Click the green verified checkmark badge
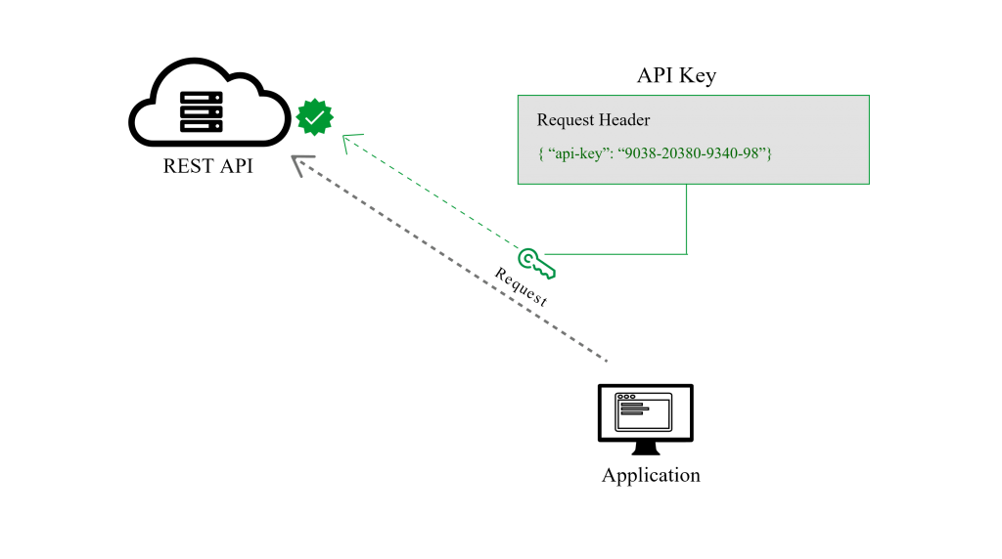pyautogui.click(x=315, y=117)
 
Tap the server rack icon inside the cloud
pyautogui.click(x=202, y=111)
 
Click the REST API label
pyautogui.click(x=208, y=166)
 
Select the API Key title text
pyautogui.click(x=677, y=75)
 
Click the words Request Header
pyautogui.click(x=593, y=120)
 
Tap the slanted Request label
pyautogui.click(x=521, y=287)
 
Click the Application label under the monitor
pyautogui.click(x=651, y=475)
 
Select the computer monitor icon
pyautogui.click(x=646, y=419)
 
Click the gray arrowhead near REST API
pyautogui.click(x=301, y=164)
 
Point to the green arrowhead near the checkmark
pyautogui.click(x=351, y=143)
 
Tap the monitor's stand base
pyautogui.click(x=646, y=450)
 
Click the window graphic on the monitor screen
pyautogui.click(x=644, y=411)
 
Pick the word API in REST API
pyautogui.click(x=237, y=166)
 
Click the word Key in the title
pyautogui.click(x=698, y=76)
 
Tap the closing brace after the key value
pyautogui.click(x=769, y=153)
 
